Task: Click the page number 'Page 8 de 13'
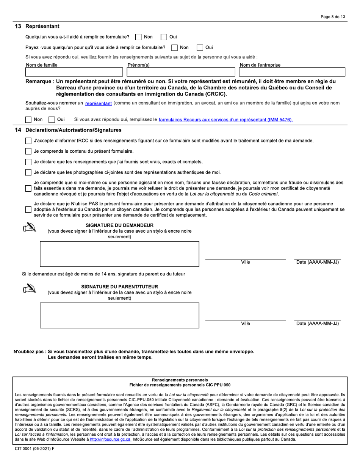[x=333, y=17]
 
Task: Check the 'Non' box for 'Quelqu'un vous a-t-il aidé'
[x=139, y=37]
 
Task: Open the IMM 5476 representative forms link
[x=226, y=120]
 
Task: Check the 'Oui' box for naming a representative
[x=52, y=120]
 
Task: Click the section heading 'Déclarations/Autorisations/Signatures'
[x=73, y=130]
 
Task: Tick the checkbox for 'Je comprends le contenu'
[x=28, y=151]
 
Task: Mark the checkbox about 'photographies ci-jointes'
[x=28, y=172]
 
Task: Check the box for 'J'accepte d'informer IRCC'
[x=28, y=141]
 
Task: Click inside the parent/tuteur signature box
[x=119, y=315]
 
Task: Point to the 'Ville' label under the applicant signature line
[x=246, y=262]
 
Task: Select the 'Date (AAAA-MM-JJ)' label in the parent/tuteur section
[x=317, y=324]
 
